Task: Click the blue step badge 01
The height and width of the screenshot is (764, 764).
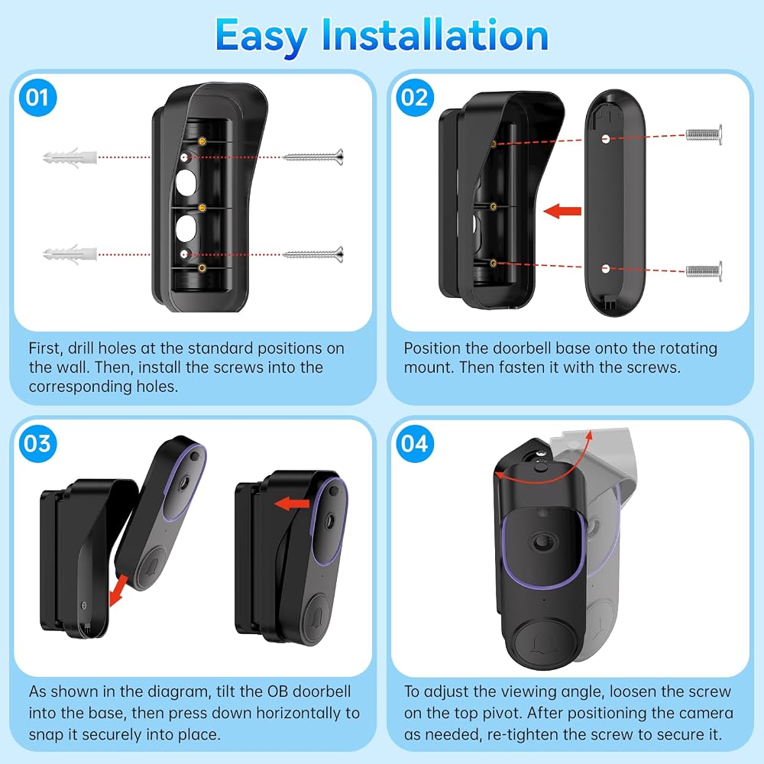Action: pos(37,98)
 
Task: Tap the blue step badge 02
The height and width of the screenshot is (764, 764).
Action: pos(414,98)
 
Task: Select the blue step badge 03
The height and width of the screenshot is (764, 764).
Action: pos(37,443)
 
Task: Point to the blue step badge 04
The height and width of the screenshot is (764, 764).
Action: pos(414,443)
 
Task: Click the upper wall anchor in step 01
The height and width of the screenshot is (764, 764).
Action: pos(70,158)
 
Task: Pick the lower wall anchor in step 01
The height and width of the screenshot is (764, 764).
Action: pos(70,254)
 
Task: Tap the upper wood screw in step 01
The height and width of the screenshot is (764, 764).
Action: pos(313,157)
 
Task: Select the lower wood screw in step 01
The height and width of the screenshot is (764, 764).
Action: pos(313,254)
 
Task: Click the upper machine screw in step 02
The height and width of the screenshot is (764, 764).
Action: pos(704,134)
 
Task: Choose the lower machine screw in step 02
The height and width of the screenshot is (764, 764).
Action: pos(704,271)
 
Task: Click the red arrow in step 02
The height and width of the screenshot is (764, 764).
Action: pos(562,212)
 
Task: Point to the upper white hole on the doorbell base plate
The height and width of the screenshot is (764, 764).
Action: pos(606,139)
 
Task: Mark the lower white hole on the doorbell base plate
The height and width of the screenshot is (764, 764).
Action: pos(606,268)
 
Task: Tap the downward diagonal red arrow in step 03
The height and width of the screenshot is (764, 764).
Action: pos(118,591)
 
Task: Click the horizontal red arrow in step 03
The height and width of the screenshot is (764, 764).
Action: pos(292,503)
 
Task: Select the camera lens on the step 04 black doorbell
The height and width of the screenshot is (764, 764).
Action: pos(542,542)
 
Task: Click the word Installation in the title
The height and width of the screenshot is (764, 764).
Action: pos(435,35)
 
